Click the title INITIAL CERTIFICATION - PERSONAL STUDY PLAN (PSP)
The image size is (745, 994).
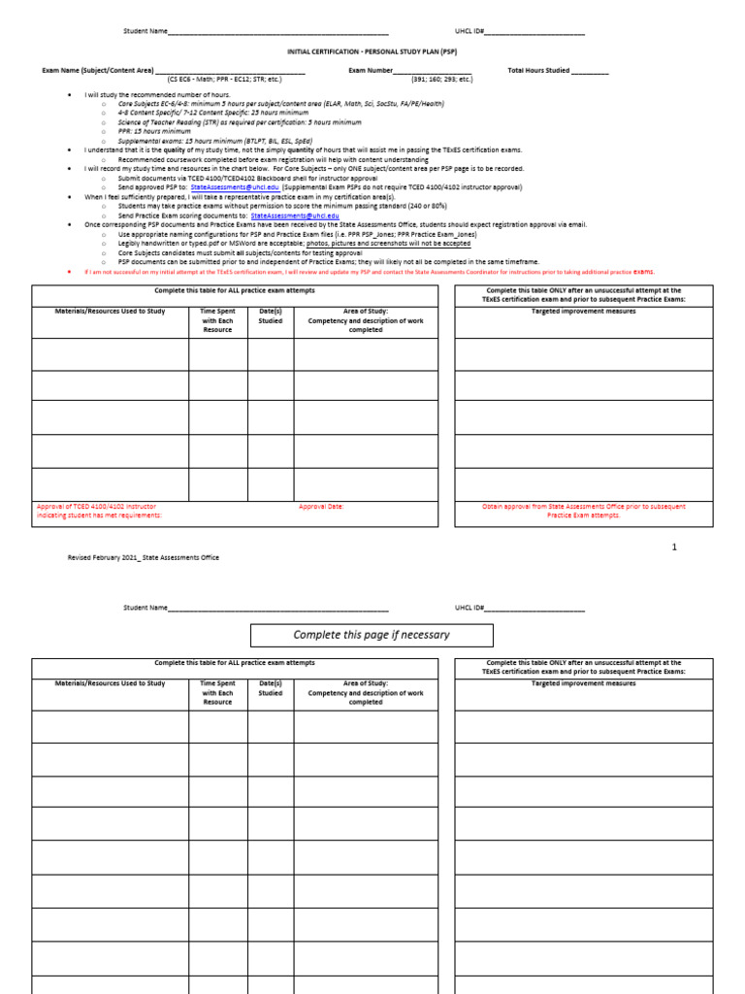[x=372, y=50]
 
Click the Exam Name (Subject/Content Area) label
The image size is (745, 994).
[x=97, y=71]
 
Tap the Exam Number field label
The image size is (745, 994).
[x=371, y=71]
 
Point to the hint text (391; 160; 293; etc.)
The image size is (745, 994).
[x=441, y=80]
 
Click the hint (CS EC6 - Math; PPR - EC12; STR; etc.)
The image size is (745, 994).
[x=224, y=80]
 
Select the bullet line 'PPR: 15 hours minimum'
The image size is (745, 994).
[x=154, y=131]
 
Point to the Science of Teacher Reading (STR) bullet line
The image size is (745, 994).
[x=226, y=122]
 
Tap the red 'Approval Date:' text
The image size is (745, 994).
[x=321, y=507]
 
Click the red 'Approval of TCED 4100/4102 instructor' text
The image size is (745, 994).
[x=96, y=507]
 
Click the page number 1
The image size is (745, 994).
[x=675, y=547]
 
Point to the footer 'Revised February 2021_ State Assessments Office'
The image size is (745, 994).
[x=143, y=557]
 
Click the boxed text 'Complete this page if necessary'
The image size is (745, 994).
[x=372, y=635]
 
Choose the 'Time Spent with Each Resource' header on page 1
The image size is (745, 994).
[x=217, y=320]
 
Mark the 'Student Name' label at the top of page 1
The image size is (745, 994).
[x=145, y=31]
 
